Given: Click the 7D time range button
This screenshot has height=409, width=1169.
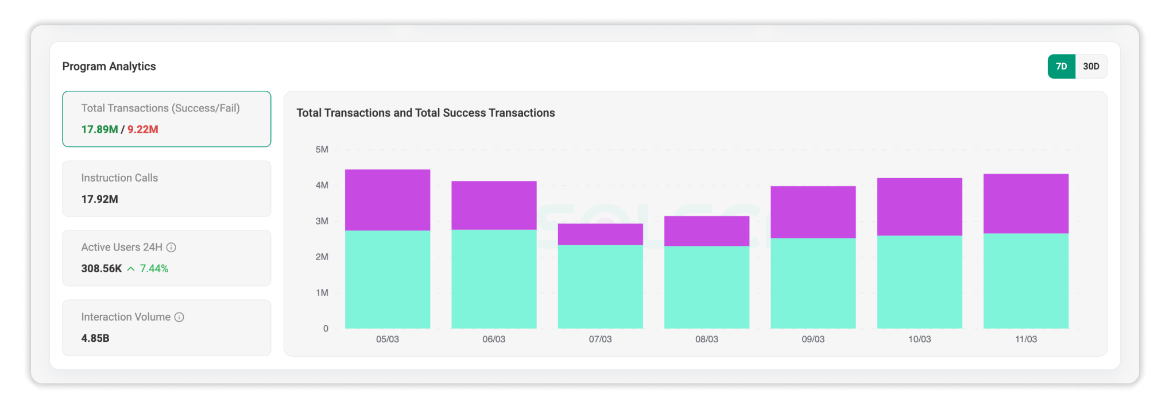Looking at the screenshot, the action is pos(1061,67).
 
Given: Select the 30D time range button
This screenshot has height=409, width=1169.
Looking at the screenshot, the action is pos(1091,67).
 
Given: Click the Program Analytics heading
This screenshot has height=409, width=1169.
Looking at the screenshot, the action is pos(109,67).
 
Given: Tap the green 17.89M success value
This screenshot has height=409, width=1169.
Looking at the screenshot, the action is pos(99,130).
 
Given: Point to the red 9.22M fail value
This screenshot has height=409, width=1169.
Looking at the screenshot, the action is pos(143,130).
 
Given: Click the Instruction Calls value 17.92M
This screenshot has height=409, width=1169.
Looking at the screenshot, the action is pos(99,199).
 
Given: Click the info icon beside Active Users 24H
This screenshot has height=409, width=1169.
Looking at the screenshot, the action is pos(171,248).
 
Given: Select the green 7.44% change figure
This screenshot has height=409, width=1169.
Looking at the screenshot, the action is pos(154,269).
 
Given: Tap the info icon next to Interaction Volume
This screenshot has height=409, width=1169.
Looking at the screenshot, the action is pos(179,317).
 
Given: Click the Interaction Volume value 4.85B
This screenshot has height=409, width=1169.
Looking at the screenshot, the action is pos(95,338).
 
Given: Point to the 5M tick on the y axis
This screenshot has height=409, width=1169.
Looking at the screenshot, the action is pos(322,149).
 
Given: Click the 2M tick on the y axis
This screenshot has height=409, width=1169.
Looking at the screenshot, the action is pos(322,257).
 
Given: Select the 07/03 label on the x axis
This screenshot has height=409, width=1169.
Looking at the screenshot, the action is pos(600,339).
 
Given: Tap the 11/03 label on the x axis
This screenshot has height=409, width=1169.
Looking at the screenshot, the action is pos(1026,339).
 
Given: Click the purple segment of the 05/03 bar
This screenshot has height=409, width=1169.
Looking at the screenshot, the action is pos(388,200).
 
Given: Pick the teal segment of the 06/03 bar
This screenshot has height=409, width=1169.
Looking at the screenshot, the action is pos(494,279).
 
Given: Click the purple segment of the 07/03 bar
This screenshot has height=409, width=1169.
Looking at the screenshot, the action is pos(601,234).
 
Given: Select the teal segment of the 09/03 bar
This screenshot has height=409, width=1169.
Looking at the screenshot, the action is pos(813,283).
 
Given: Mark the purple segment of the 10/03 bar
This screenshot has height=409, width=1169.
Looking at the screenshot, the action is pos(920,207).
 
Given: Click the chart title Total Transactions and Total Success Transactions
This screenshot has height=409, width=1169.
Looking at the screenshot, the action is pos(425,113).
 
